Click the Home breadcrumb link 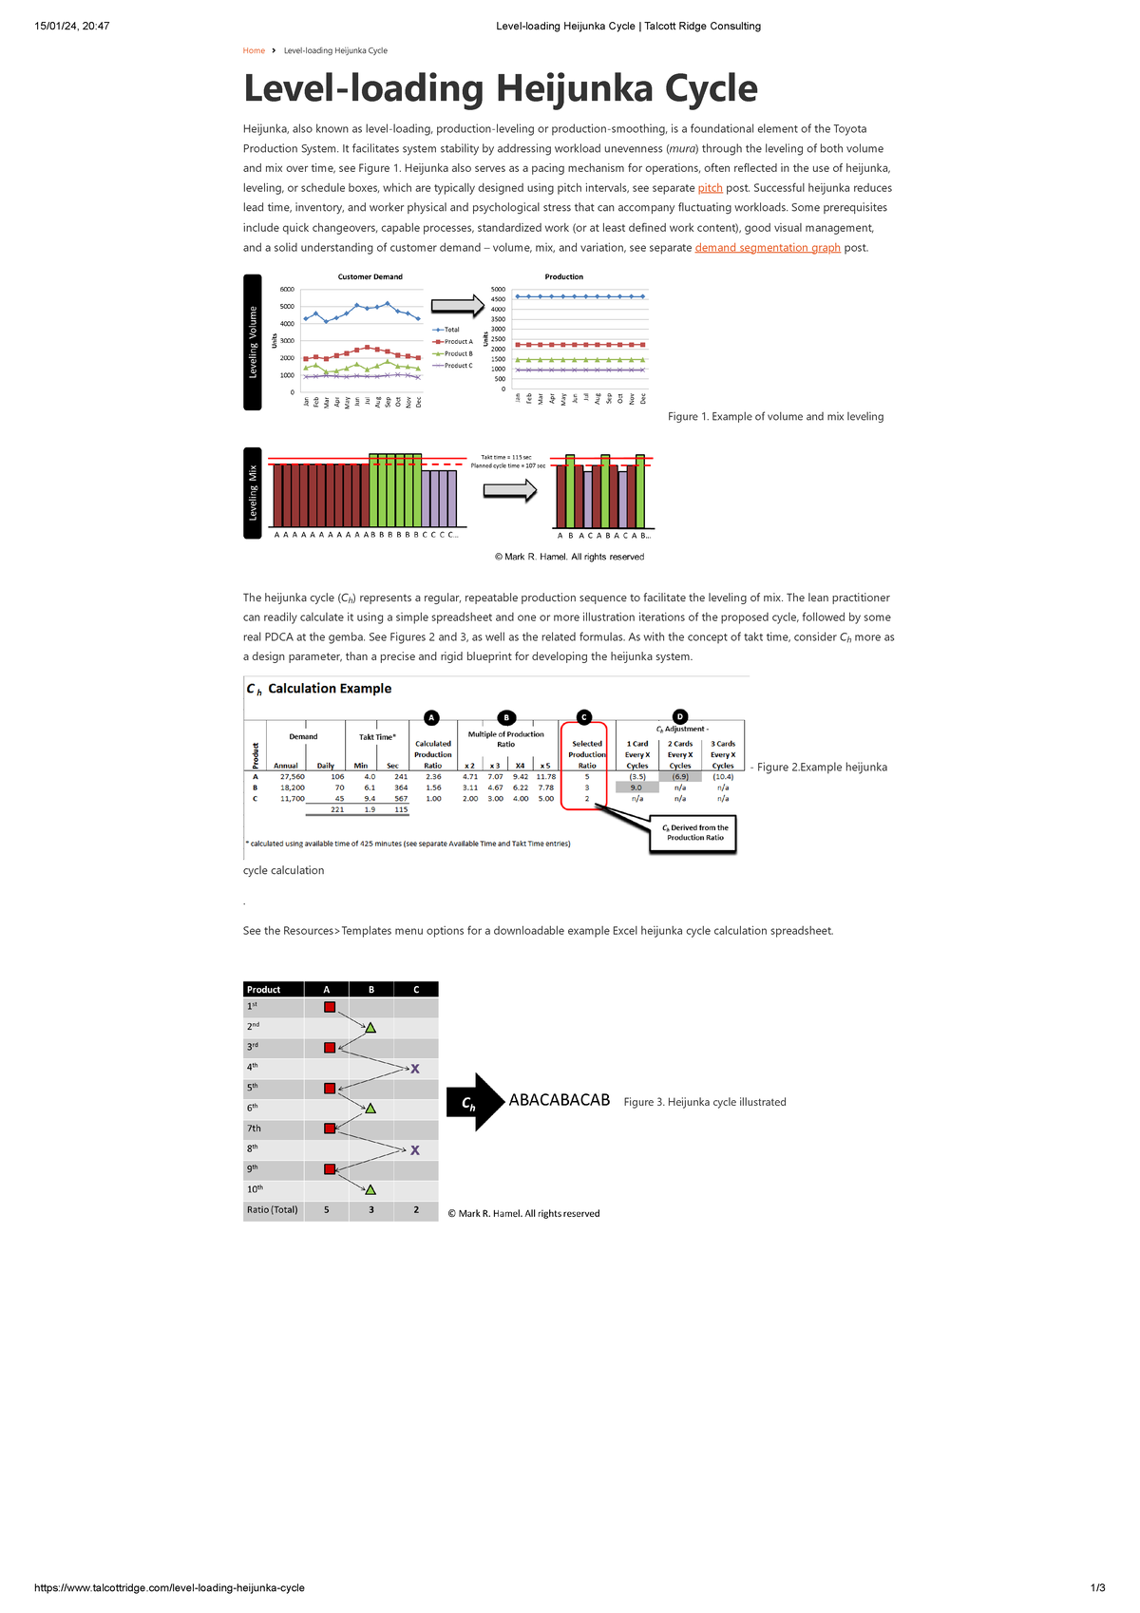click(x=254, y=50)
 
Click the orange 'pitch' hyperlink click(x=710, y=188)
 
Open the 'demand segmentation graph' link click(x=768, y=248)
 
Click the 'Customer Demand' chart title click(x=370, y=276)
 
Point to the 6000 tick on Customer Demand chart click(x=286, y=289)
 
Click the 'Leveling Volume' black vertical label click(x=253, y=342)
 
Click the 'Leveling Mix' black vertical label click(x=253, y=492)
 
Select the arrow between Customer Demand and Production click(x=458, y=306)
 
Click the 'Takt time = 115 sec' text click(x=506, y=457)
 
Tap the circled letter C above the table click(x=584, y=717)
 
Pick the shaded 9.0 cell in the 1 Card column click(x=636, y=788)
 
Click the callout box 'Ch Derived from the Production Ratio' click(x=695, y=833)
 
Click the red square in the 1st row click(x=330, y=1007)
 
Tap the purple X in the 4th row click(x=415, y=1069)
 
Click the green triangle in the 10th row click(x=370, y=1189)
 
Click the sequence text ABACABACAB click(x=559, y=1100)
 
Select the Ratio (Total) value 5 click(x=327, y=1210)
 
